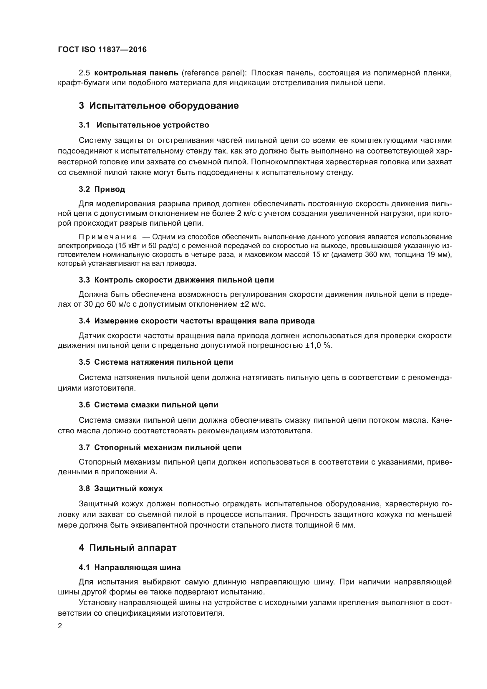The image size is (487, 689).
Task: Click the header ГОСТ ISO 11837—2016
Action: coord(102,49)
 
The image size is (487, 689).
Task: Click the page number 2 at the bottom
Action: coord(60,626)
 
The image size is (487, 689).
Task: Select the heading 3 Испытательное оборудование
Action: coord(159,106)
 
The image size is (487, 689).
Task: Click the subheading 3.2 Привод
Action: coord(102,189)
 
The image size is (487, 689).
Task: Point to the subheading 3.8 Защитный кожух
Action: coord(120,488)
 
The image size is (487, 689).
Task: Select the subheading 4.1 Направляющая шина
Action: coord(130,567)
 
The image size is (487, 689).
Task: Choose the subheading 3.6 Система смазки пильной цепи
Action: coord(148,405)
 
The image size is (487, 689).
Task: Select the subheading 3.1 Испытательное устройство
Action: coord(144,125)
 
